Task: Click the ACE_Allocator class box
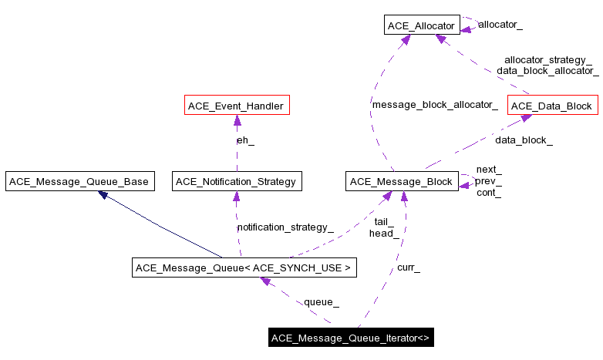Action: pyautogui.click(x=422, y=25)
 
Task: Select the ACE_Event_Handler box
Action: pyautogui.click(x=237, y=106)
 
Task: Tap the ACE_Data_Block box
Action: pyautogui.click(x=551, y=106)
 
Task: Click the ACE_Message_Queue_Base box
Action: pyautogui.click(x=79, y=182)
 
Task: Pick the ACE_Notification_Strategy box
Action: pyautogui.click(x=236, y=182)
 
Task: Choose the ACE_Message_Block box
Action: pyautogui.click(x=401, y=182)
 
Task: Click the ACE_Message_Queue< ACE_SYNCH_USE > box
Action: pyautogui.click(x=244, y=268)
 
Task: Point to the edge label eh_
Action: pyautogui.click(x=245, y=140)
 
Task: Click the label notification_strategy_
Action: pyautogui.click(x=285, y=227)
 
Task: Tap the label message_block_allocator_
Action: pyautogui.click(x=434, y=104)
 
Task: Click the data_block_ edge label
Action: pyautogui.click(x=524, y=140)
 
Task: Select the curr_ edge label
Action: pyautogui.click(x=409, y=267)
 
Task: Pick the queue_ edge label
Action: pyautogui.click(x=322, y=301)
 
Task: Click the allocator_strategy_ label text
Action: pyautogui.click(x=548, y=59)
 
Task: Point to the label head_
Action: pyautogui.click(x=383, y=233)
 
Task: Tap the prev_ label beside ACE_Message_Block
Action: pyautogui.click(x=488, y=181)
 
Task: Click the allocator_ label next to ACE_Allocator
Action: pyautogui.click(x=500, y=25)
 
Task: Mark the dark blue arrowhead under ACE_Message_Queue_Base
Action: pyautogui.click(x=103, y=195)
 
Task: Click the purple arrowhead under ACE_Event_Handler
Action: pyautogui.click(x=237, y=120)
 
